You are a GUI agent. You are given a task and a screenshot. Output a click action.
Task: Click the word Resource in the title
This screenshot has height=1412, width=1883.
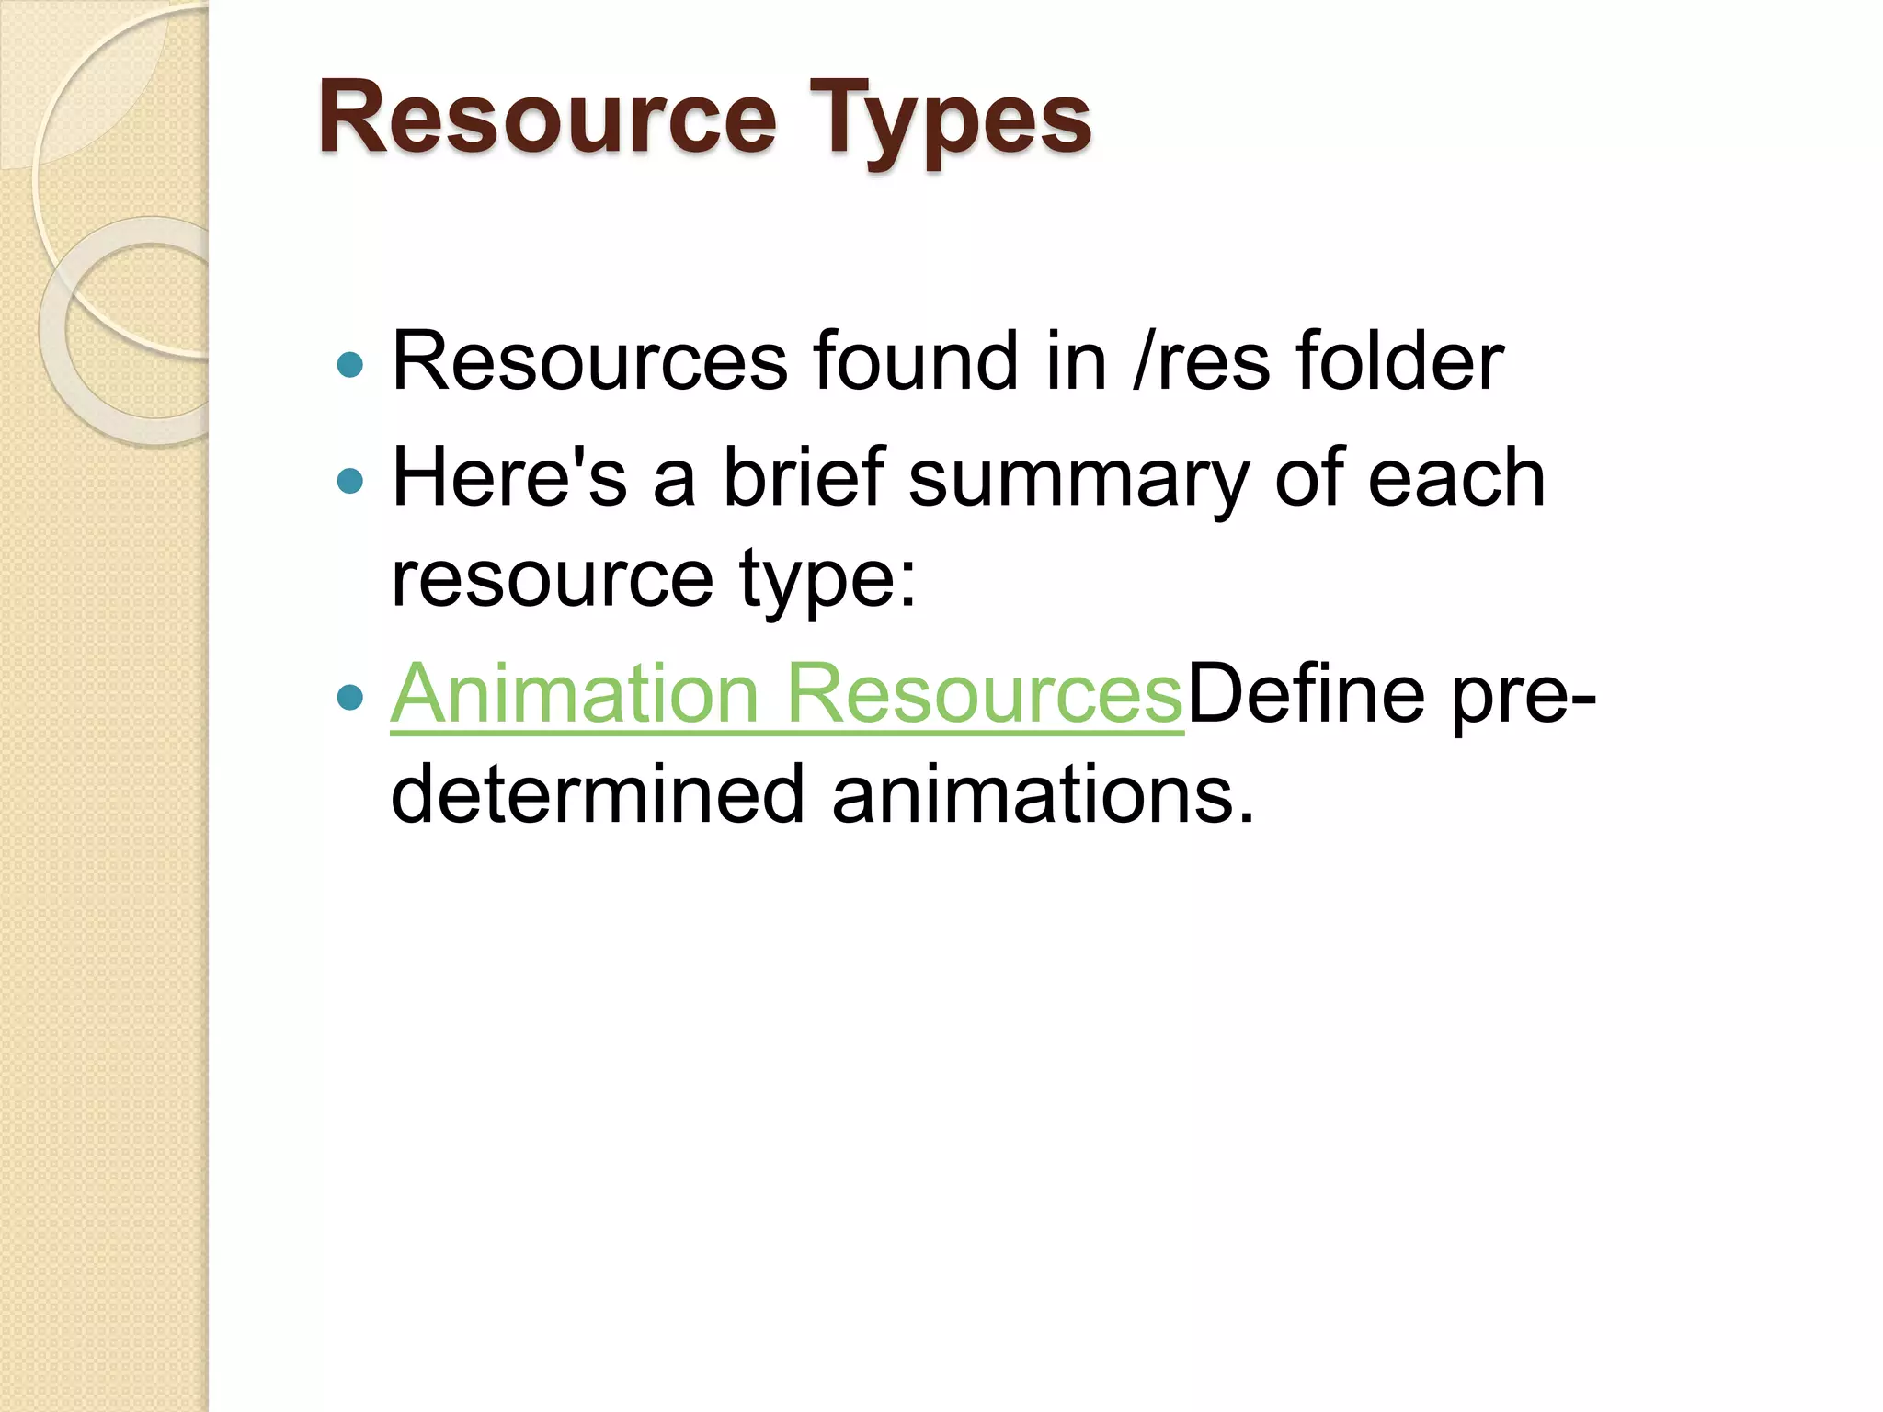point(548,120)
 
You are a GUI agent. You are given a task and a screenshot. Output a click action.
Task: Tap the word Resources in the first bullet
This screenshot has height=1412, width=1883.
point(589,361)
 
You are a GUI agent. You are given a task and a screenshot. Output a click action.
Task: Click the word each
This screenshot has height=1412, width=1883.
point(1456,477)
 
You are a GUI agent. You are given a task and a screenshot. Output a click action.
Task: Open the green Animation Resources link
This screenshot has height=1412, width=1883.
point(787,694)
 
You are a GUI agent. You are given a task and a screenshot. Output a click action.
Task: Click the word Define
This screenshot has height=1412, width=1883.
point(1307,694)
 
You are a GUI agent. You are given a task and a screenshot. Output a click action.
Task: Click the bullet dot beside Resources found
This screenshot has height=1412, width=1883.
point(350,365)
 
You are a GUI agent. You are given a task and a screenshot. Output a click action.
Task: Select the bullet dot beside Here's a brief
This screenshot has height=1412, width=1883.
point(350,480)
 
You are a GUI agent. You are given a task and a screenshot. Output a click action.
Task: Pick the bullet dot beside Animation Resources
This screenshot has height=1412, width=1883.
point(350,697)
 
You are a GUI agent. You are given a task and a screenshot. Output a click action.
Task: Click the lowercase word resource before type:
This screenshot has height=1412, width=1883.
point(552,581)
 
